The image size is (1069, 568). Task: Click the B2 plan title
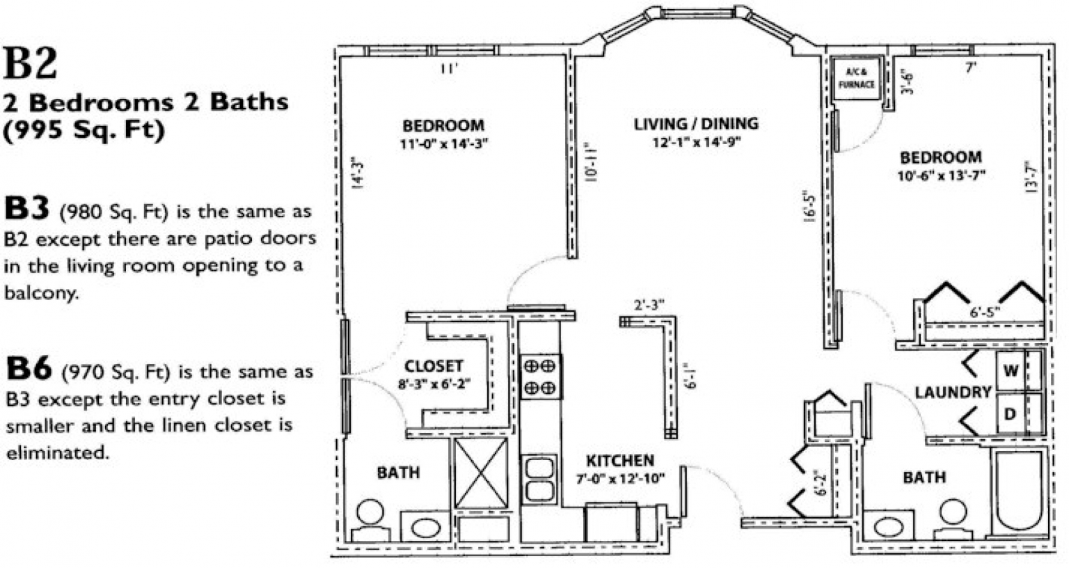point(31,64)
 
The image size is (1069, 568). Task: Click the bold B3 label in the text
point(27,209)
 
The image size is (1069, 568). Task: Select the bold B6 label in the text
point(29,369)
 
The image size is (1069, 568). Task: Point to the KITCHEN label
point(619,460)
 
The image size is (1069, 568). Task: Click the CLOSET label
point(434,365)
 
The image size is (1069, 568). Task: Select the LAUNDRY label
point(952,392)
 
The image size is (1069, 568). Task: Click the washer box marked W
point(1011,371)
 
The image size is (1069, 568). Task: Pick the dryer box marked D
point(1011,414)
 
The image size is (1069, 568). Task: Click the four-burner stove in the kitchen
point(540,376)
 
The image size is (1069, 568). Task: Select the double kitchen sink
point(539,479)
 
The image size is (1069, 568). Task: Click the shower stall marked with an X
point(481,473)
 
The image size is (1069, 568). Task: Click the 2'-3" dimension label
point(649,305)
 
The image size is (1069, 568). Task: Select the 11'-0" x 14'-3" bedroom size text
point(443,144)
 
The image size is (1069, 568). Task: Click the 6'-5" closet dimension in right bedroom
point(985,313)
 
